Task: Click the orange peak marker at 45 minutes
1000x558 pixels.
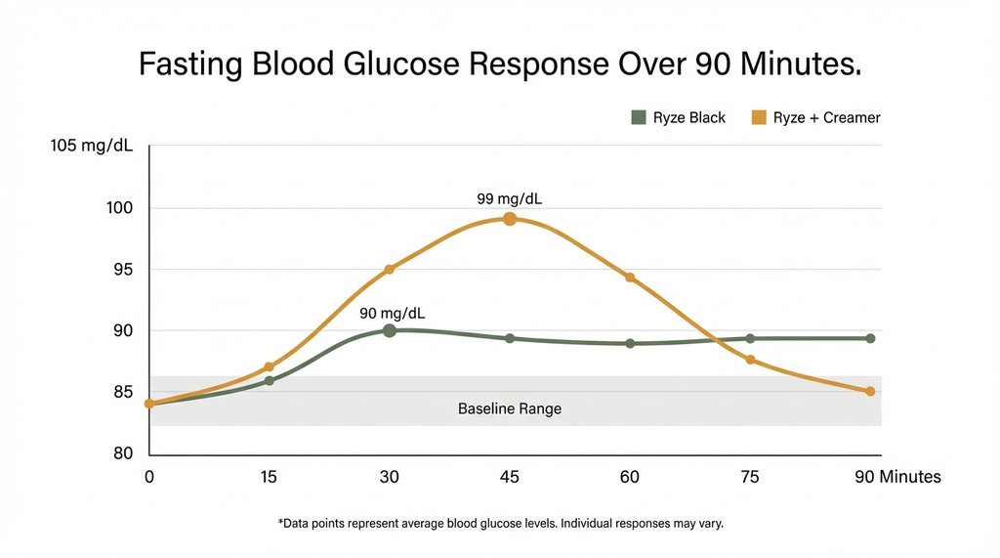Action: coord(510,219)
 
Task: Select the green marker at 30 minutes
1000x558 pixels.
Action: coord(390,330)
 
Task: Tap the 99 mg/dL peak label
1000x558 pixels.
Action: coord(510,198)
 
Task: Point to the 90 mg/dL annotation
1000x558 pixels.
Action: coord(393,313)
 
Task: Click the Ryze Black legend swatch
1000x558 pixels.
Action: coord(639,117)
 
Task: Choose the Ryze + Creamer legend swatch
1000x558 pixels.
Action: coord(758,117)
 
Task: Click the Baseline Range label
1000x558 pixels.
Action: coord(510,408)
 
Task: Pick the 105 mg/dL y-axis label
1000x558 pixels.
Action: coord(94,147)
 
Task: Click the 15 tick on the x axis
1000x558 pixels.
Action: coord(269,477)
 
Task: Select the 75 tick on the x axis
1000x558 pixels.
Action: coord(750,477)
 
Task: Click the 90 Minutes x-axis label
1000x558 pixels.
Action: coord(896,477)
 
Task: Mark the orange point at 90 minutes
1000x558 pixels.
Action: coord(870,391)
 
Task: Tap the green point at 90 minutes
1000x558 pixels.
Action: coord(870,338)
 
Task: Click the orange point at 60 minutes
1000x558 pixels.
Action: coord(630,278)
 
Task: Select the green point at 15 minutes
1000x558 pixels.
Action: coord(270,380)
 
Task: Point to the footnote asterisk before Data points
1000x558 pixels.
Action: coord(280,523)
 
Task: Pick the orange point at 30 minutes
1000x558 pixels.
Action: coord(390,269)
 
